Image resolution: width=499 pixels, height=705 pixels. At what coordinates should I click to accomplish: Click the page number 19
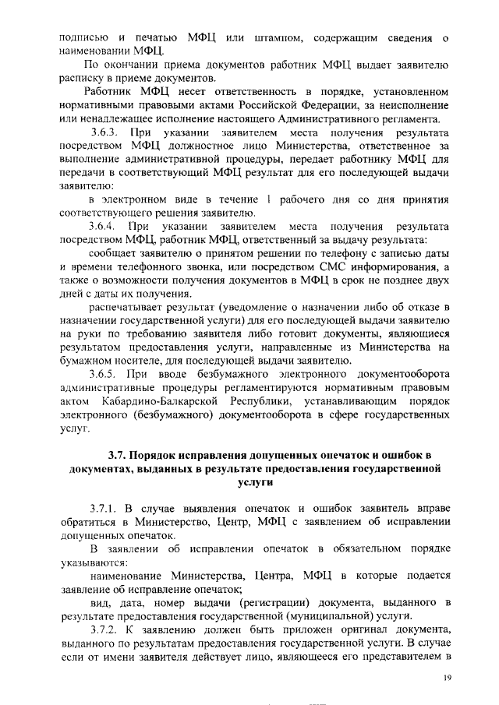pyautogui.click(x=448, y=678)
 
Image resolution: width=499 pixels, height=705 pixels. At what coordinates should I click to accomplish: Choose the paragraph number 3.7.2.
pyautogui.click(x=105, y=629)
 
